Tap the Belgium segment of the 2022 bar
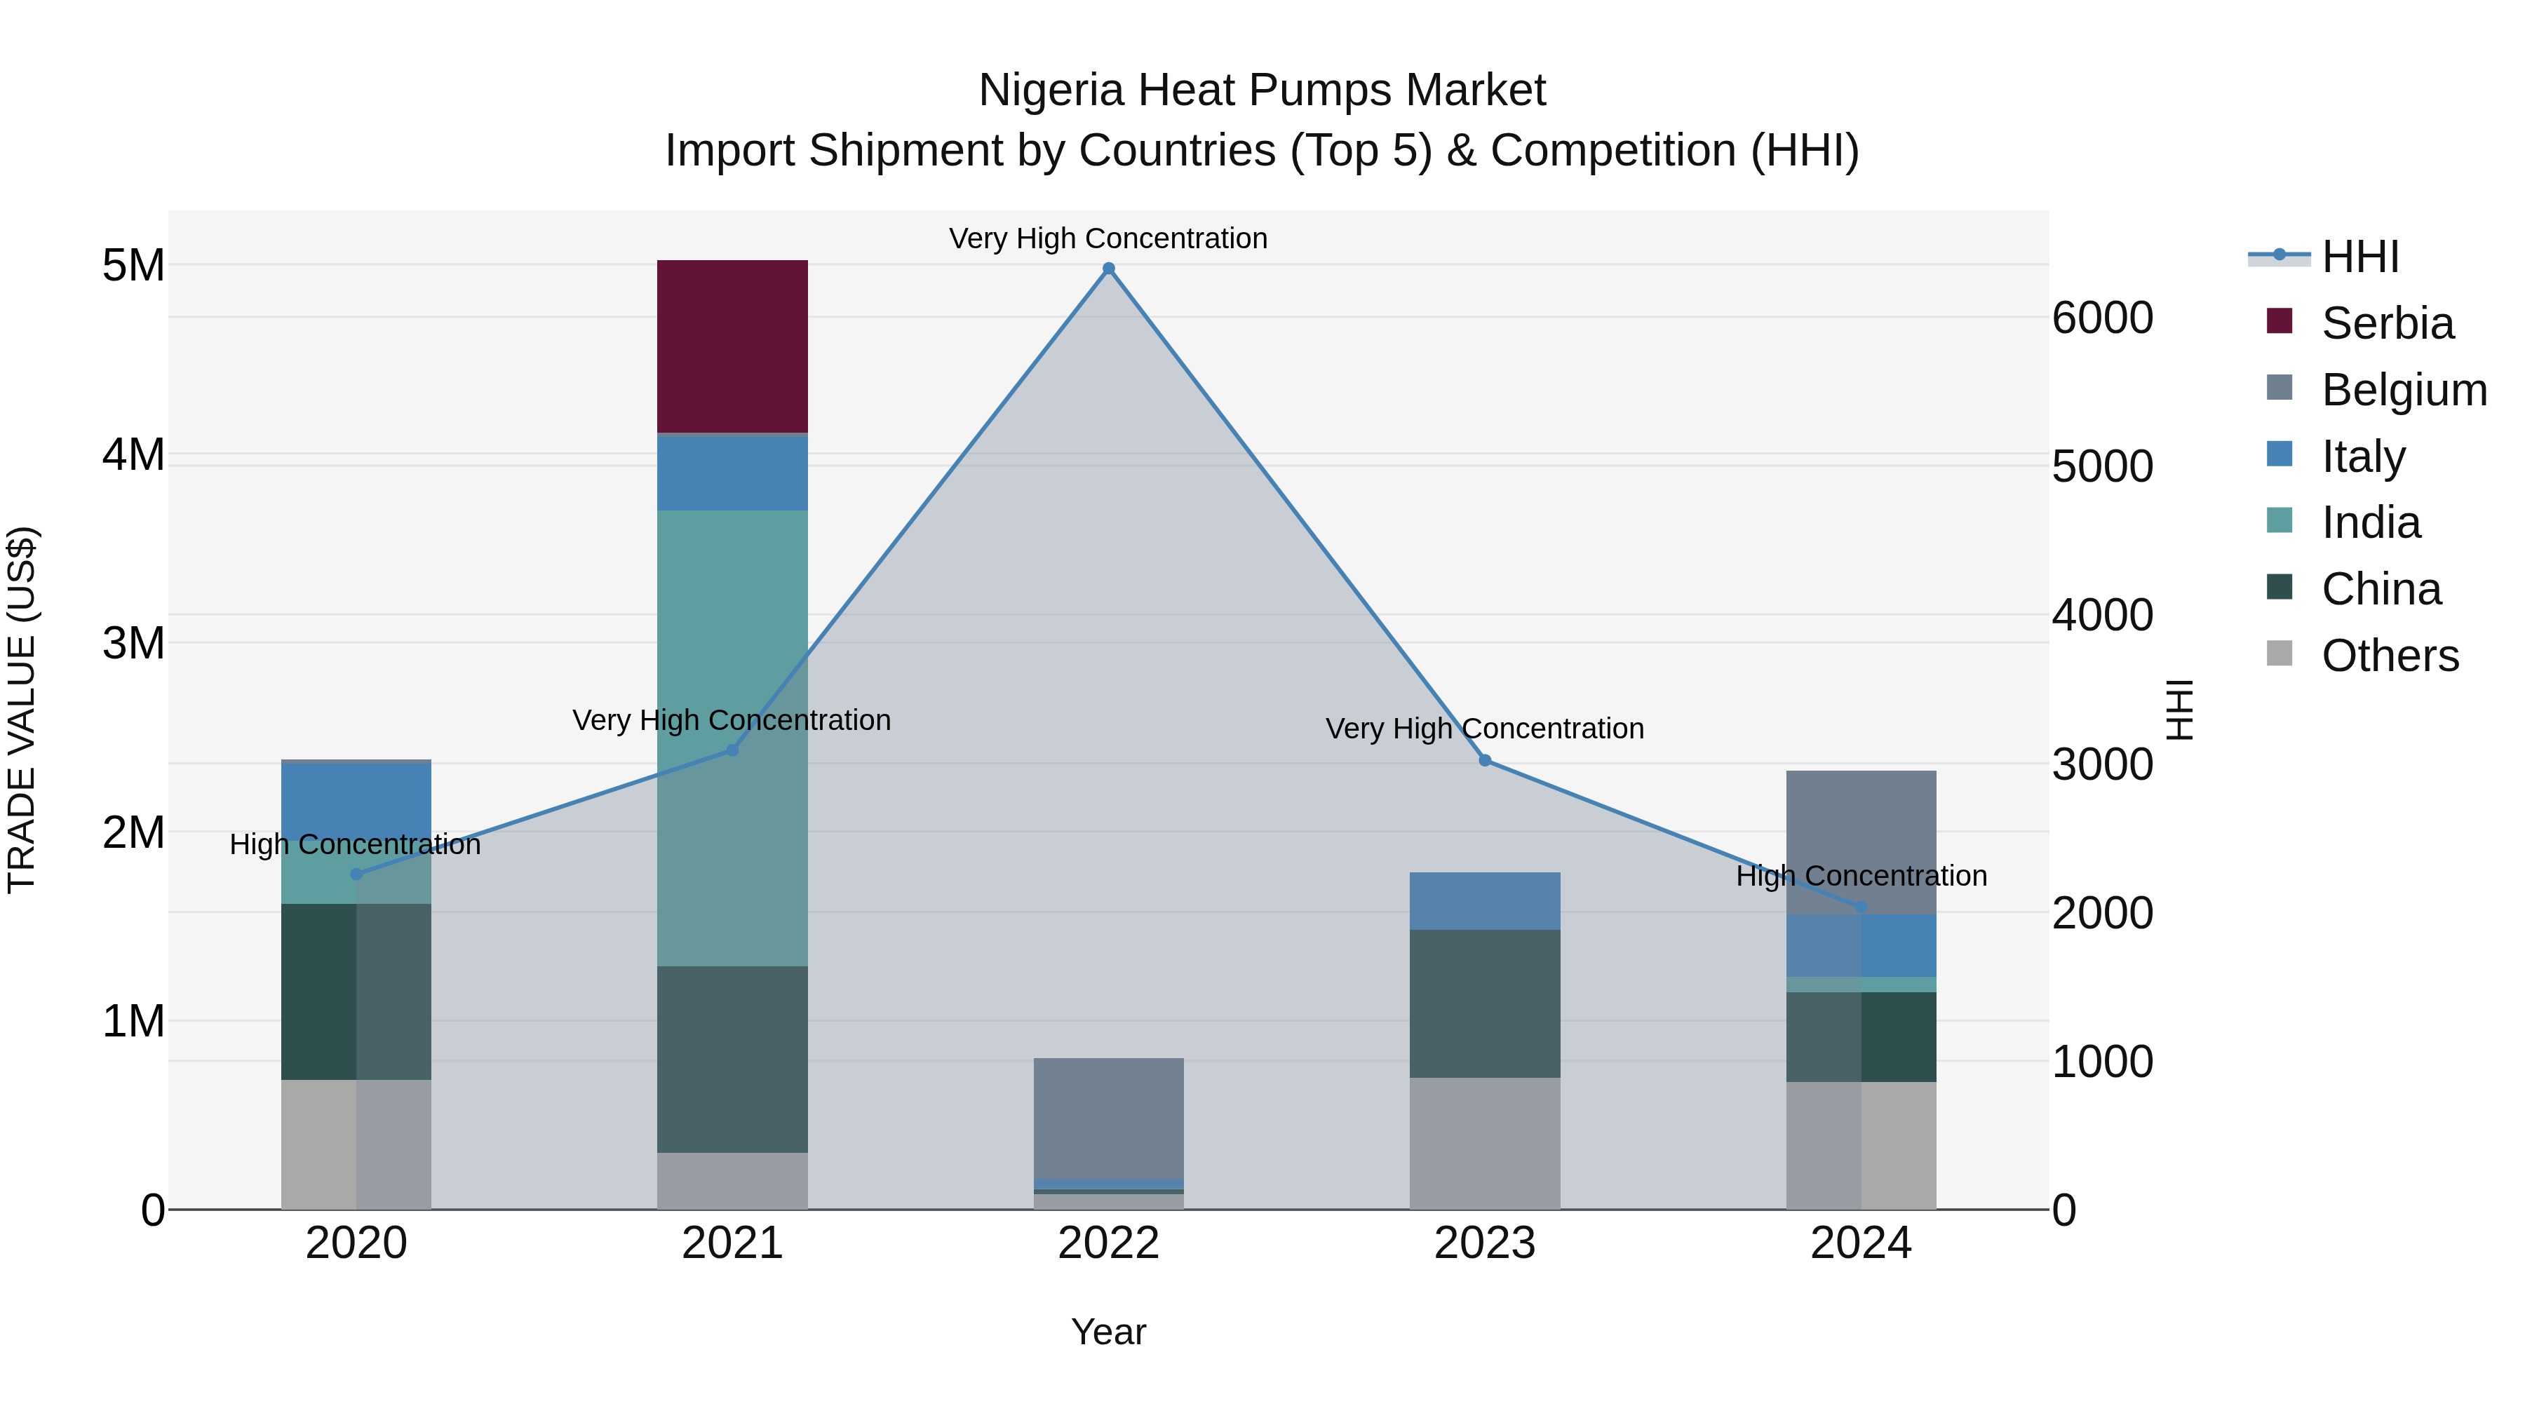coord(1109,1117)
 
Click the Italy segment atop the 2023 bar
coord(1484,900)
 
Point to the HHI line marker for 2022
coord(1109,269)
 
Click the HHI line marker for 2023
coord(1484,760)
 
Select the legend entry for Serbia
coord(2386,323)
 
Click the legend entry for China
coord(2380,589)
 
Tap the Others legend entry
coord(2389,656)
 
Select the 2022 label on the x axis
coord(1109,1243)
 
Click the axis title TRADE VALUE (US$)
coord(22,710)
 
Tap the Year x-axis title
coord(1109,1332)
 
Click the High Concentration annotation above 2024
coord(1860,875)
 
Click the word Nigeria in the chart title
coord(1051,90)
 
